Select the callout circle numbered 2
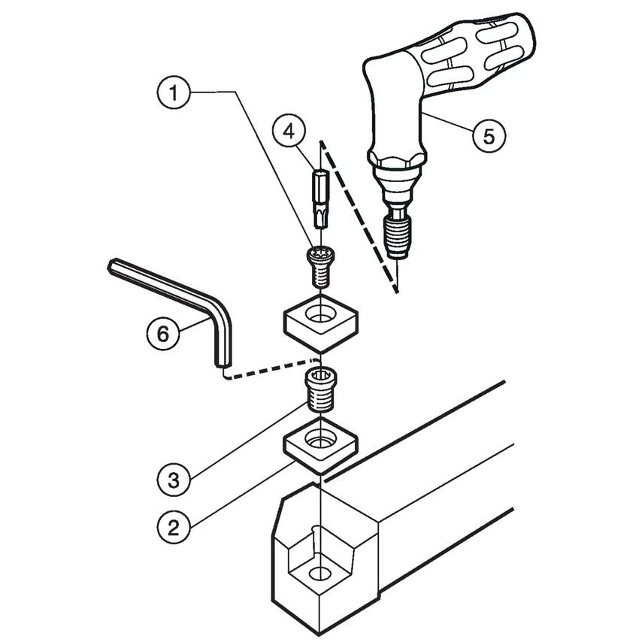click(174, 527)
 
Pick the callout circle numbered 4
click(289, 132)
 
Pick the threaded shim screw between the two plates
click(321, 390)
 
